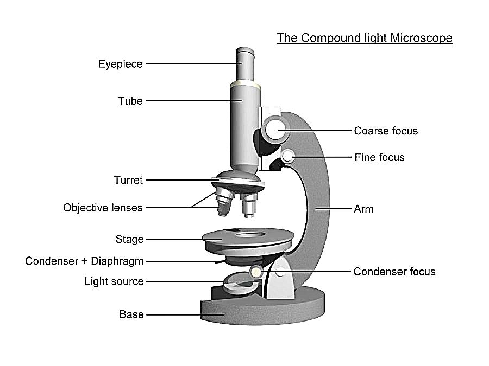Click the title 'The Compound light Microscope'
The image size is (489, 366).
pyautogui.click(x=364, y=38)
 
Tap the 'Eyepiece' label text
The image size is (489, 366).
pyautogui.click(x=121, y=64)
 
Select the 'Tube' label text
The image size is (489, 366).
pyautogui.click(x=130, y=101)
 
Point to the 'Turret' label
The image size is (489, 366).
pyautogui.click(x=128, y=180)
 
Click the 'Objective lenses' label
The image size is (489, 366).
pyautogui.click(x=103, y=208)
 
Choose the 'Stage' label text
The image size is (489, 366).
pyautogui.click(x=129, y=239)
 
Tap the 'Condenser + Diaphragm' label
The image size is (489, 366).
pyautogui.click(x=84, y=261)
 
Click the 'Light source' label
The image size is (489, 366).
pyautogui.click(x=114, y=281)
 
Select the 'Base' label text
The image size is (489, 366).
pyautogui.click(x=131, y=314)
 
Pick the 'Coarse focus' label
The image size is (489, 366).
pyautogui.click(x=386, y=131)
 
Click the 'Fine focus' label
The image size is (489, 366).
pyautogui.click(x=380, y=157)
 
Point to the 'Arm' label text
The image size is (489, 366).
pyautogui.click(x=363, y=209)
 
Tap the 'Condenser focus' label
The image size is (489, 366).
pyautogui.click(x=394, y=272)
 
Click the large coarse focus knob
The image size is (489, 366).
pyautogui.click(x=275, y=130)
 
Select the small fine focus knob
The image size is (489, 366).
pyautogui.click(x=287, y=156)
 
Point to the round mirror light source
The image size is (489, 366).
pyautogui.click(x=241, y=282)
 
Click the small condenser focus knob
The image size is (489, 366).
pyautogui.click(x=256, y=272)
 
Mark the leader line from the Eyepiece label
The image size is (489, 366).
pyautogui.click(x=193, y=63)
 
